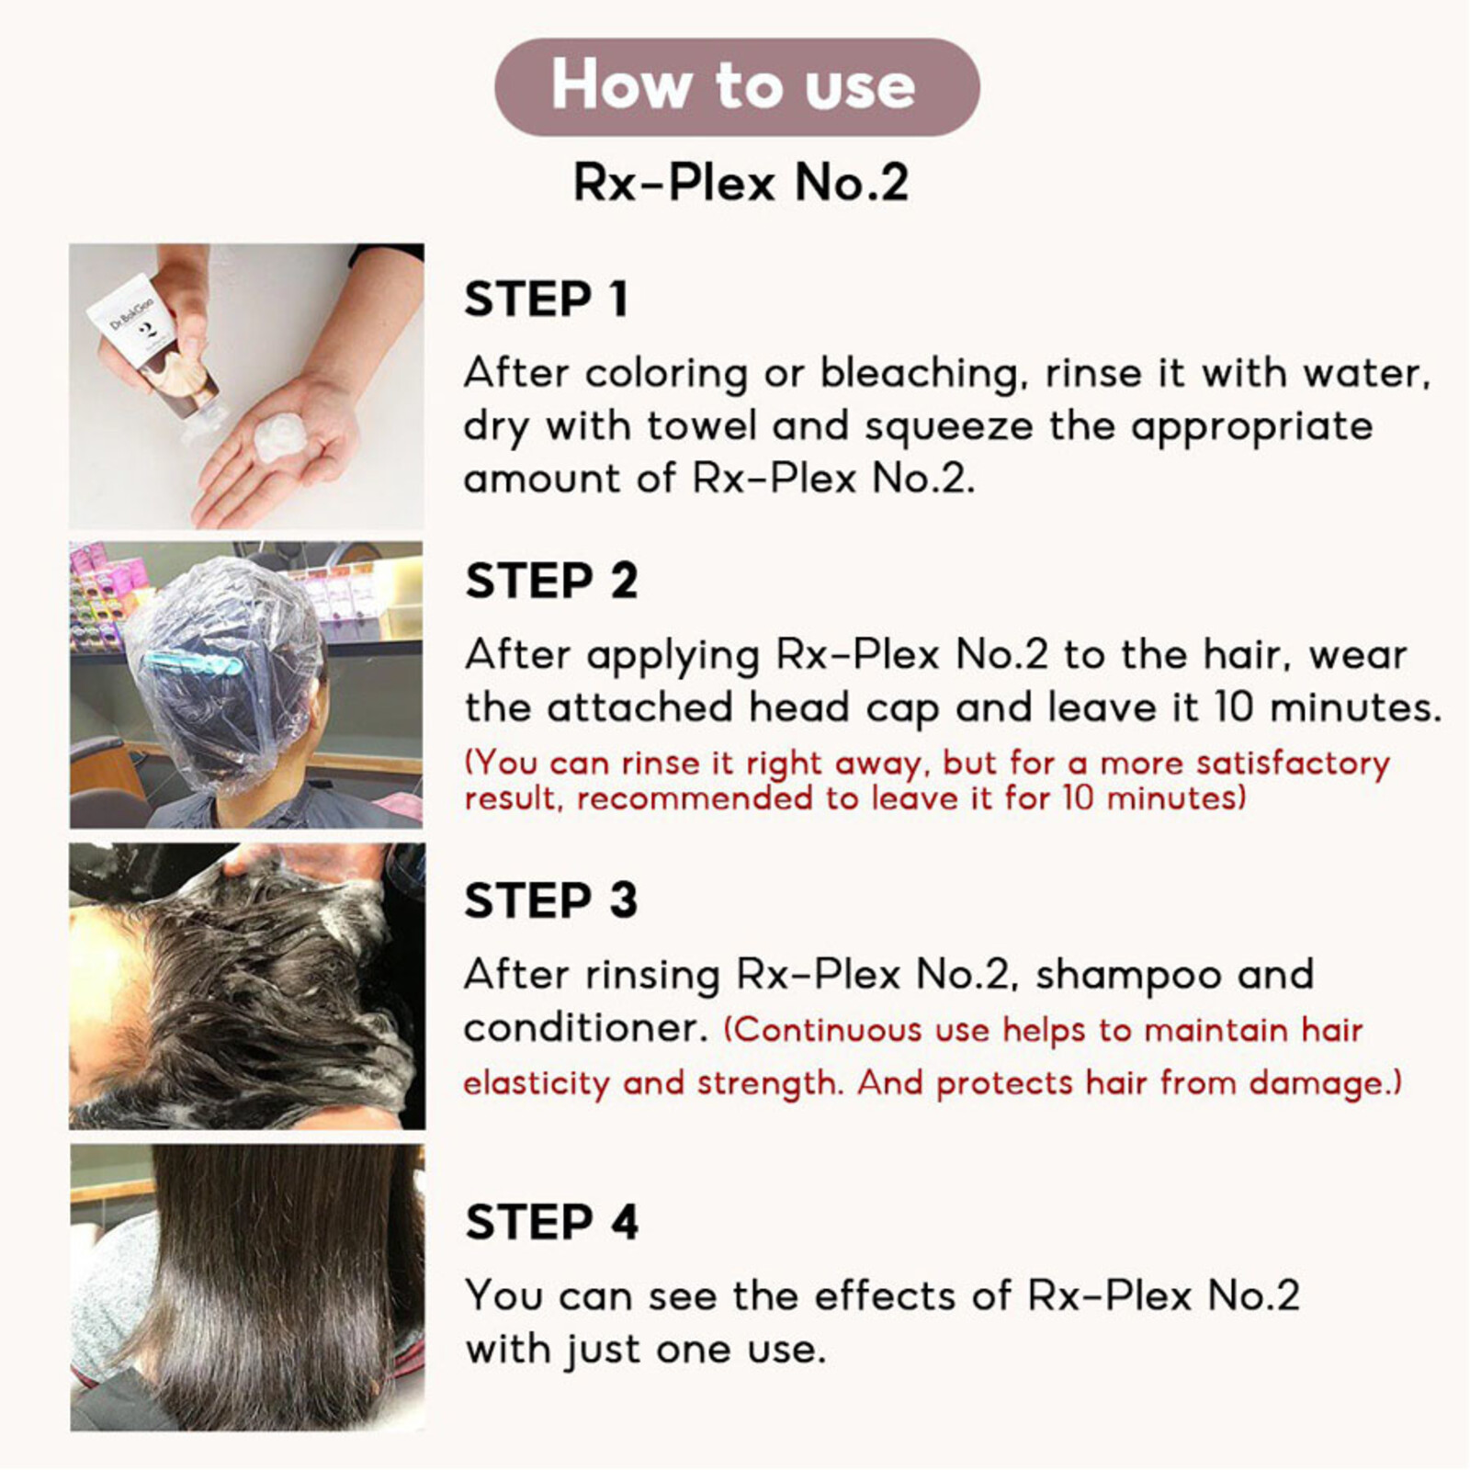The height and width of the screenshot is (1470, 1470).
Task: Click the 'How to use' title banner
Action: point(737,86)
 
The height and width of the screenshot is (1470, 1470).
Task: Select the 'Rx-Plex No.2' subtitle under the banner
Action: point(741,182)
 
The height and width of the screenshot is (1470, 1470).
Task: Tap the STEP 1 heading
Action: point(546,300)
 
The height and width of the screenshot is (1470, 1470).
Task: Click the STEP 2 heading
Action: point(551,581)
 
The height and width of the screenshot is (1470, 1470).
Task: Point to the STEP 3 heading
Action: point(551,900)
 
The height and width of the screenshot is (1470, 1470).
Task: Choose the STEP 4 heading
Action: point(551,1222)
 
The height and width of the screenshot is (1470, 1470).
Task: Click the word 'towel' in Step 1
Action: point(701,426)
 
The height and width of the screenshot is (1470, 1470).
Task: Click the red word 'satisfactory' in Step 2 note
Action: point(1293,764)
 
